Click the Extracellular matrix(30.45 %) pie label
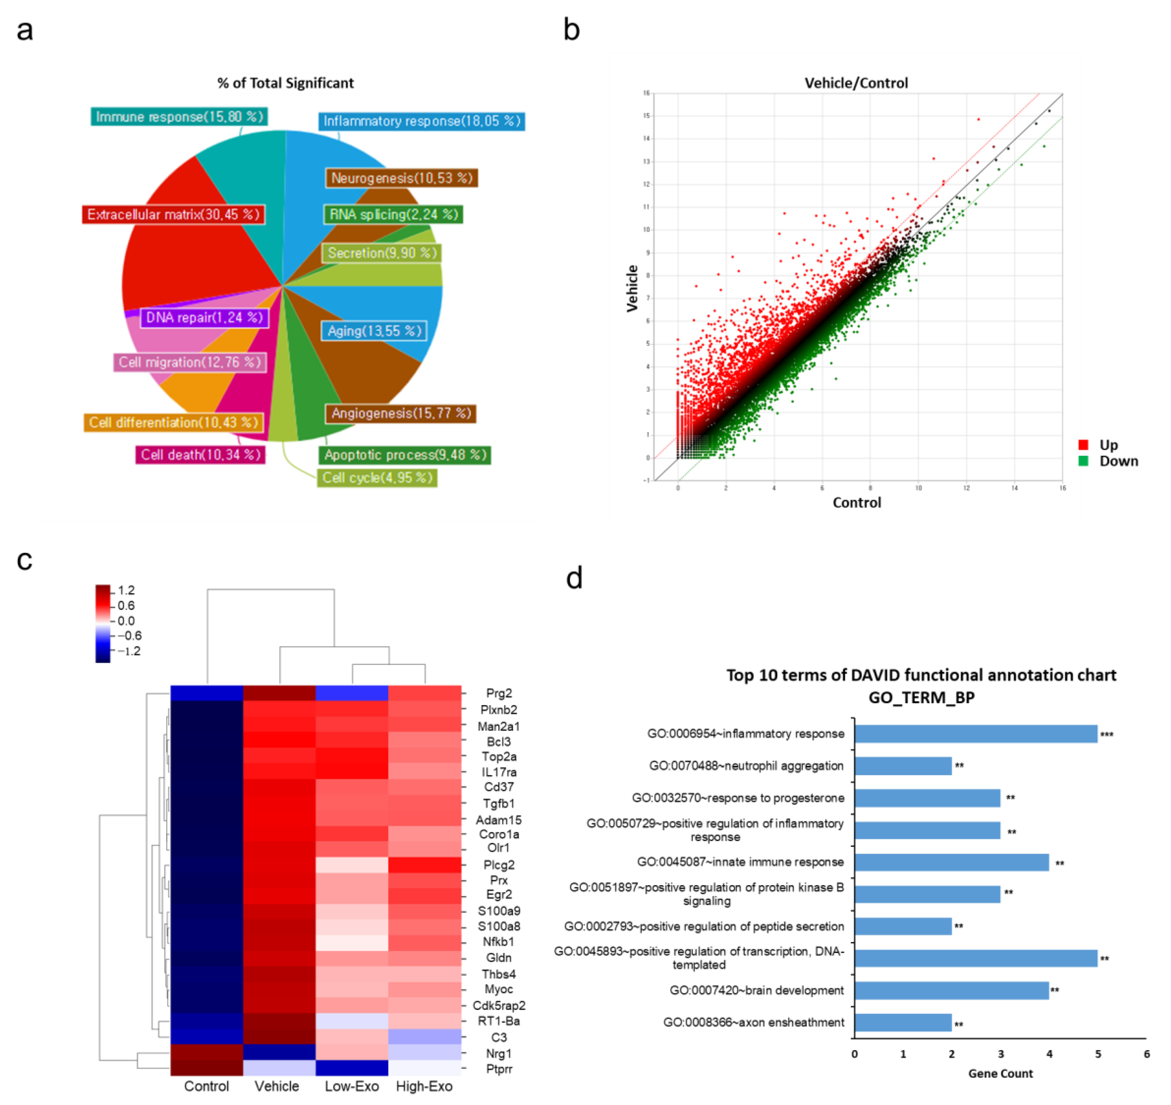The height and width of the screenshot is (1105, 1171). (173, 214)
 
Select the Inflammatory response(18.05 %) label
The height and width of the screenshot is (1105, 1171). (422, 121)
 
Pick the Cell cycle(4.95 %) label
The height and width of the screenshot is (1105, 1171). (377, 478)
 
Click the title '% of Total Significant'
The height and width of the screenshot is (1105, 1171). (286, 83)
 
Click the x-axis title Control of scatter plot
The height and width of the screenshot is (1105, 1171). (857, 502)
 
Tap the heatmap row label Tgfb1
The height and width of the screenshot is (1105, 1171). (498, 803)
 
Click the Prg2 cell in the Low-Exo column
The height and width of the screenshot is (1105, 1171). (352, 693)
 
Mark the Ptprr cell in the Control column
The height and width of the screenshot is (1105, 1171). (207, 1068)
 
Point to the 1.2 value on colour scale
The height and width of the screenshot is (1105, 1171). (126, 590)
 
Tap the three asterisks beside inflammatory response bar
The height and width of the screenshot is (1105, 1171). (1107, 734)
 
